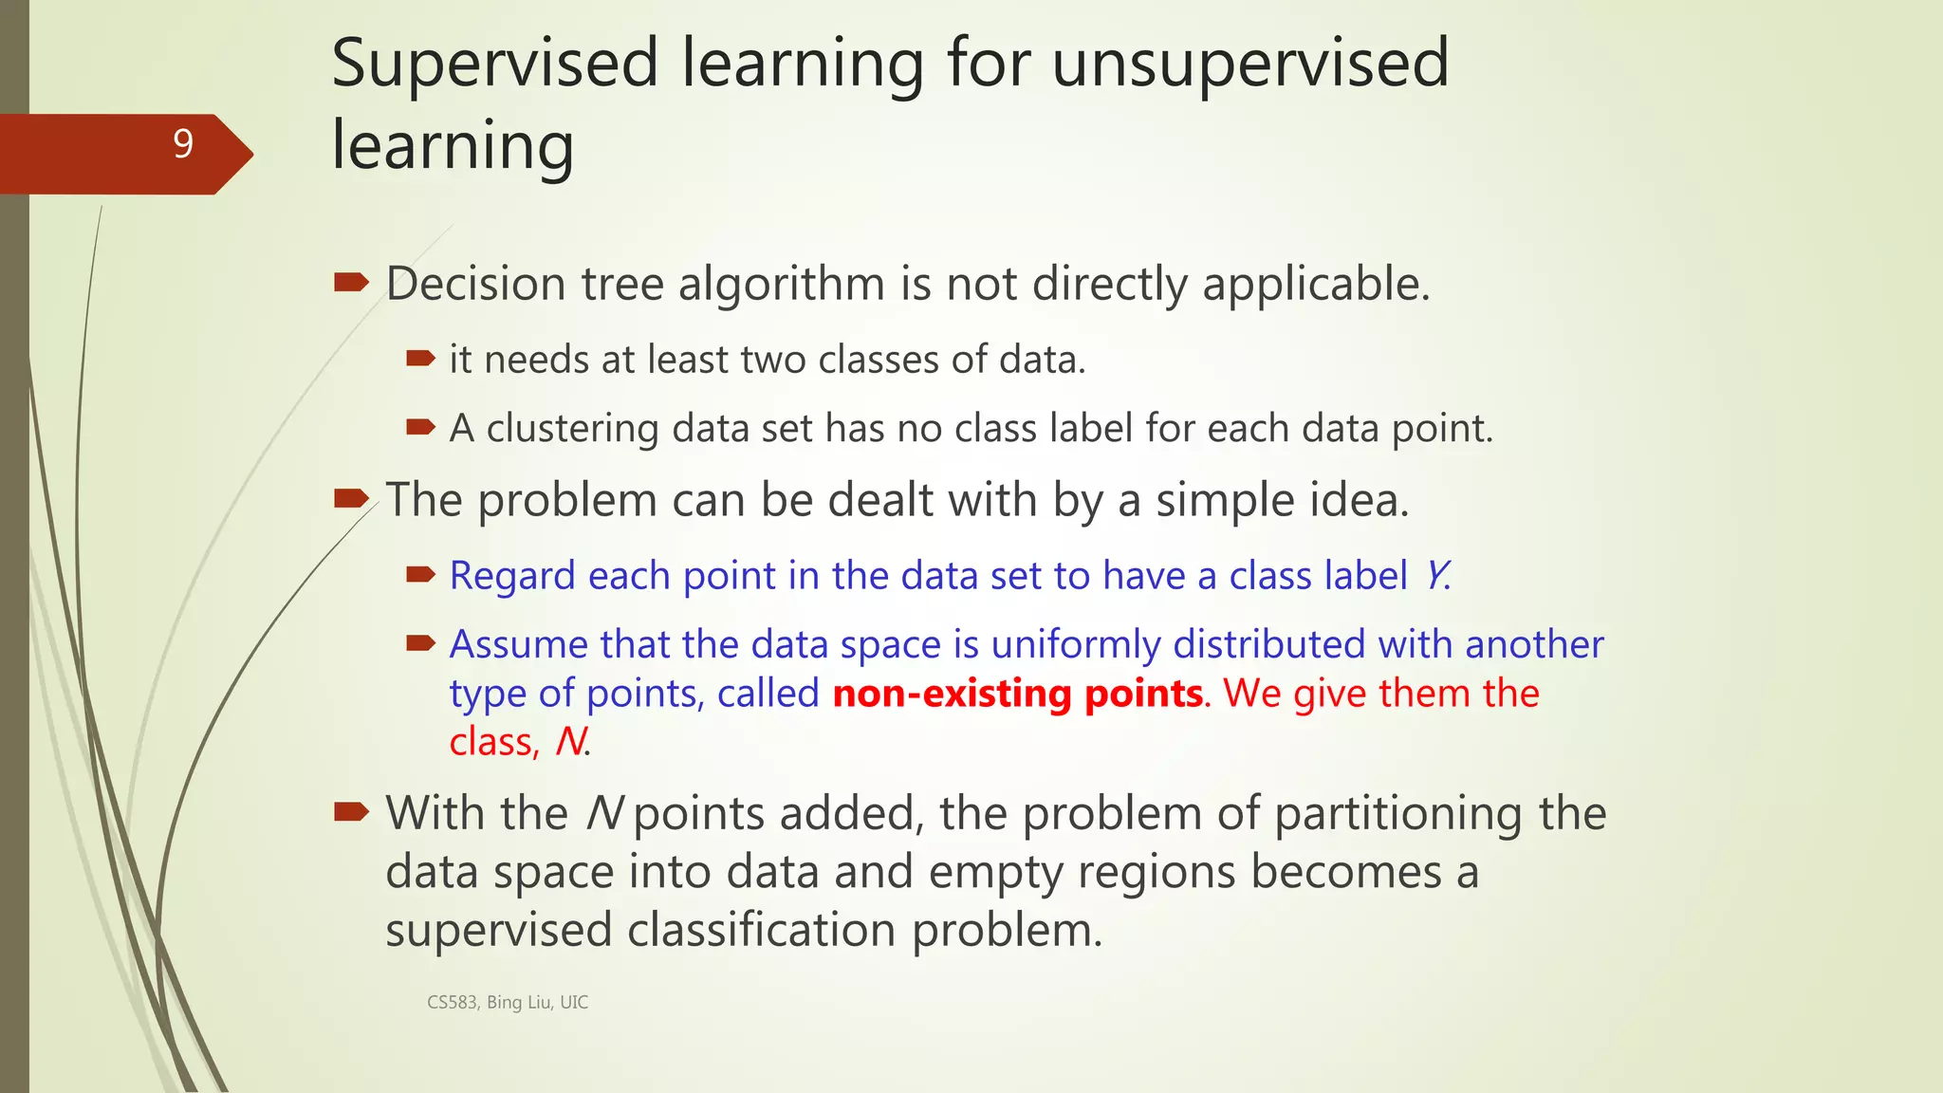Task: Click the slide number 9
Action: (x=183, y=143)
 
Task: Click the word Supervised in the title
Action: (x=494, y=64)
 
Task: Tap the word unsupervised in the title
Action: (x=1250, y=64)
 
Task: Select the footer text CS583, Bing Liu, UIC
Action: (x=508, y=1002)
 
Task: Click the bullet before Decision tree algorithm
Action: (x=351, y=282)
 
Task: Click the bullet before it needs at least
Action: (x=420, y=359)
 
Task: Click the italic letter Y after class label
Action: (x=1436, y=575)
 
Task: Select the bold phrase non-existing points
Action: (x=1018, y=694)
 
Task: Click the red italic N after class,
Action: (x=570, y=742)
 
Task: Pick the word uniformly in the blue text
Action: (x=1076, y=644)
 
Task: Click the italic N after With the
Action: (x=604, y=814)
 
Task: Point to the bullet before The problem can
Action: (x=351, y=498)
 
